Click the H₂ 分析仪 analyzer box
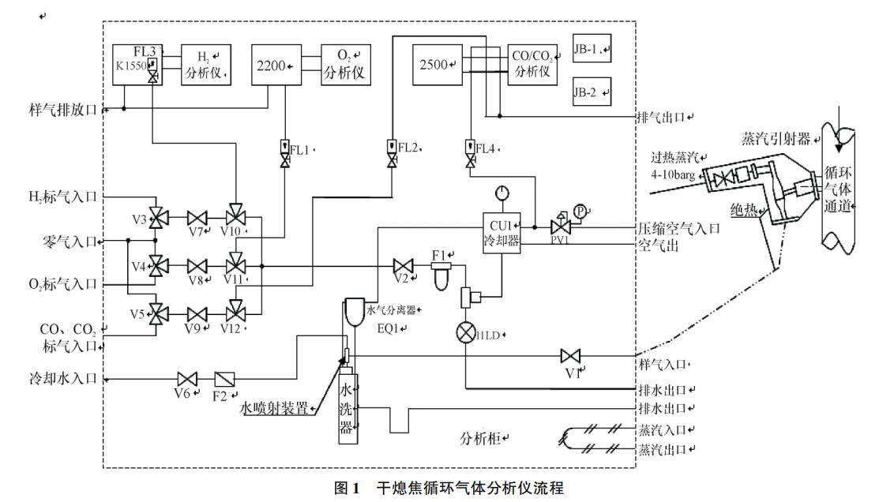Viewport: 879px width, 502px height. (x=205, y=65)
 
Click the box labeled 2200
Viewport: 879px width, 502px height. (x=276, y=65)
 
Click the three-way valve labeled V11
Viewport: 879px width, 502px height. (x=235, y=265)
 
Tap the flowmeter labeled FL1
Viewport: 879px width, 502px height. (x=284, y=148)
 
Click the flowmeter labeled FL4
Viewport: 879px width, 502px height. (x=471, y=148)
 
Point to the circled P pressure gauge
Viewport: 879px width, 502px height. (x=580, y=212)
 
